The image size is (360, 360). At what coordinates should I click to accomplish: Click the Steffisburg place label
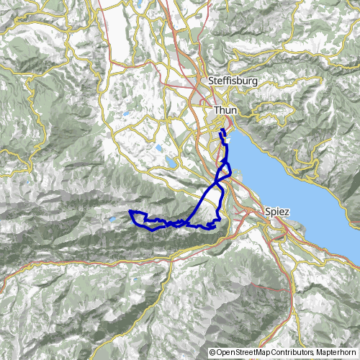tap(232, 81)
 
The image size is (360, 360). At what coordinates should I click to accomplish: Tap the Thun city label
tap(226, 110)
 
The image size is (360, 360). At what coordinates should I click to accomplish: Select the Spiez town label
tap(277, 212)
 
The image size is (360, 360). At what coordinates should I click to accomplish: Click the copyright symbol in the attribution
tap(212, 353)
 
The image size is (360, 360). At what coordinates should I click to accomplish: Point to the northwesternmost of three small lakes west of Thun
tap(127, 114)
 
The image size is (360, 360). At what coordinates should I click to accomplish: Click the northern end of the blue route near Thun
tap(221, 132)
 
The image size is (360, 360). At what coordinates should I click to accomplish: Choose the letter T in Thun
tap(217, 110)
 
